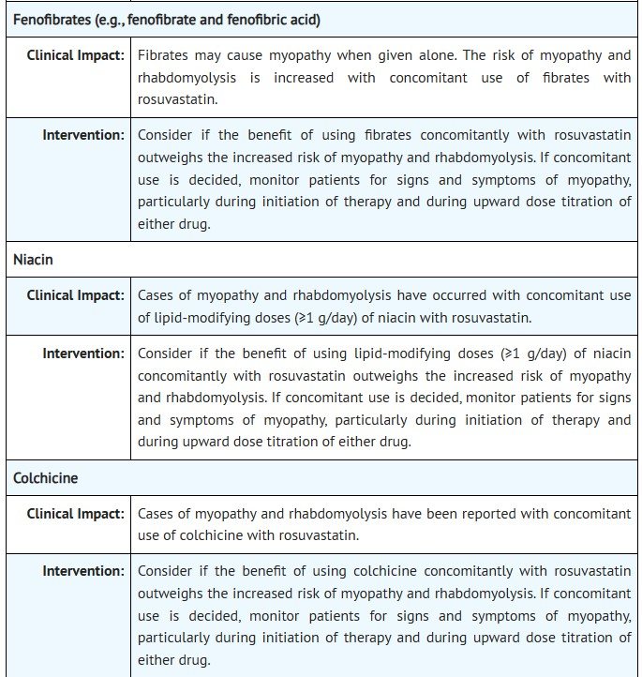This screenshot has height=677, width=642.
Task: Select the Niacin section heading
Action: click(x=33, y=260)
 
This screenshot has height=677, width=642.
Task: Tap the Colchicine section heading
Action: click(x=46, y=477)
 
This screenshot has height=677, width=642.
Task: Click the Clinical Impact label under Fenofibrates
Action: click(x=76, y=55)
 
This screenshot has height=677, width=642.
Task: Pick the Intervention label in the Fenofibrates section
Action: click(x=83, y=135)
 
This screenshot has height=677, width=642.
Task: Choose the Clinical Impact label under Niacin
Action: click(x=76, y=295)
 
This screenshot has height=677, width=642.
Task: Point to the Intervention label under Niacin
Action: click(x=83, y=354)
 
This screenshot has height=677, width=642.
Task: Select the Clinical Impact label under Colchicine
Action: click(x=76, y=514)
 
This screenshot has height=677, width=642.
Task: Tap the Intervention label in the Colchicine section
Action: click(x=83, y=571)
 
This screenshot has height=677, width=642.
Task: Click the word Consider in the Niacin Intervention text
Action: click(x=165, y=354)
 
